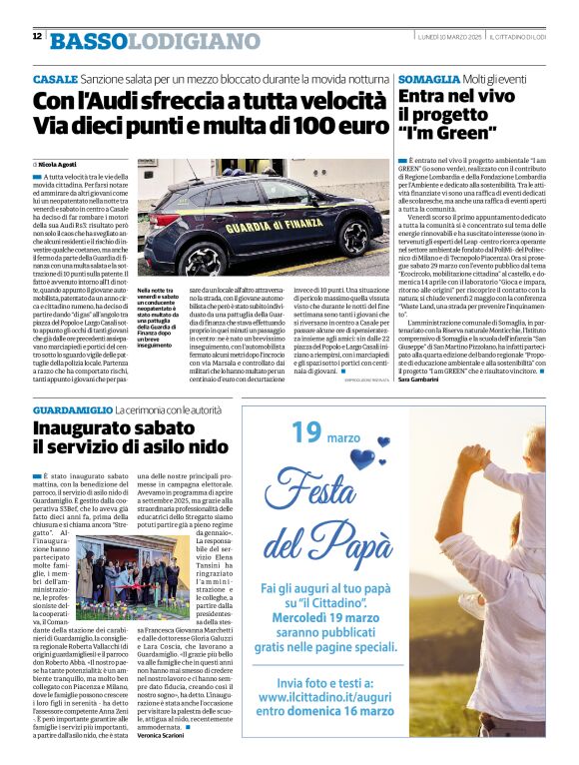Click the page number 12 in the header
(x=37, y=37)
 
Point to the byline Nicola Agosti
(x=60, y=163)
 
